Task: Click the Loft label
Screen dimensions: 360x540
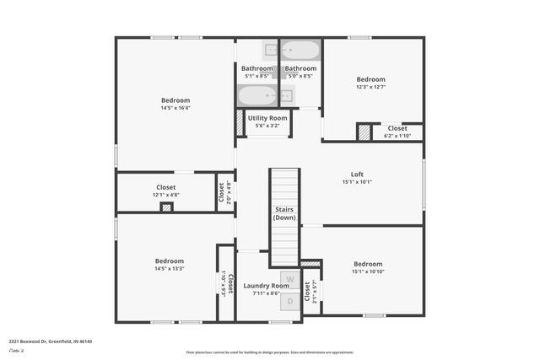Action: [x=357, y=177]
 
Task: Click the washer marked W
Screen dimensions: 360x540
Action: [x=289, y=279]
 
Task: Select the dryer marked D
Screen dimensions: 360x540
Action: [x=289, y=300]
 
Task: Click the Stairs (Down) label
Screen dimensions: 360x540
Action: [x=284, y=212]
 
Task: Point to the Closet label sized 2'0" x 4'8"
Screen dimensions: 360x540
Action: [x=224, y=191]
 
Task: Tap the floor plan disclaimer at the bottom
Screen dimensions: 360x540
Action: [x=270, y=352]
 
